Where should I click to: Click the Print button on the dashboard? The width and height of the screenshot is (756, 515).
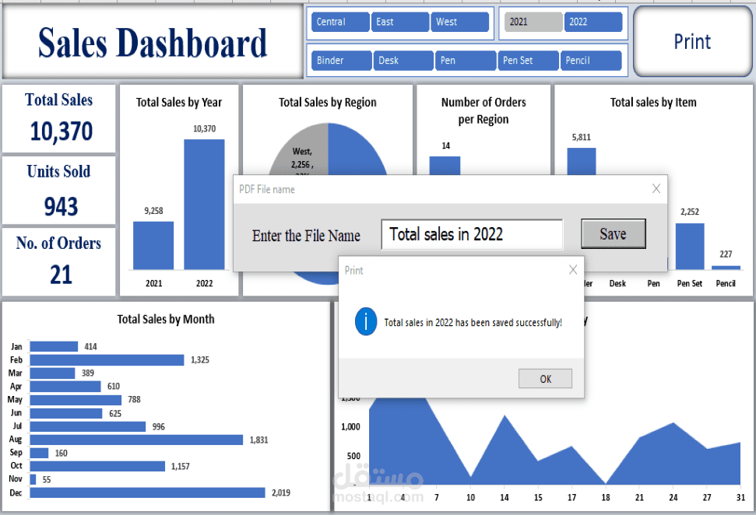pos(691,42)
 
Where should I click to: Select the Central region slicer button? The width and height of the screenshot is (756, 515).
pos(339,22)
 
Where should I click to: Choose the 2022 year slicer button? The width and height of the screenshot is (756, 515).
pos(592,22)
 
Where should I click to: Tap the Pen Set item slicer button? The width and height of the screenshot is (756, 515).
pos(528,61)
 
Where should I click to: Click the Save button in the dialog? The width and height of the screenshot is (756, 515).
pos(613,234)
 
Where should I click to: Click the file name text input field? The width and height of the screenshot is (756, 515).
pos(471,234)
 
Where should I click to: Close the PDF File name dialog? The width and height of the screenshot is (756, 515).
pos(656,188)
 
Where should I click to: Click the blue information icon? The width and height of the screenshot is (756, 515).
pos(366,321)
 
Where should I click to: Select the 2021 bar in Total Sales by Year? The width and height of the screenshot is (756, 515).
pos(153,246)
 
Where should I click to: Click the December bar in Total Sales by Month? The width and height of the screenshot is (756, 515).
pos(148,492)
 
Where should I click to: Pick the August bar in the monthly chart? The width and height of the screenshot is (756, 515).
pos(136,440)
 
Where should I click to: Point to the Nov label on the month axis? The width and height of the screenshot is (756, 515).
pos(16,479)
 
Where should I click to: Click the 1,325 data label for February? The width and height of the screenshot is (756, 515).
pos(198,360)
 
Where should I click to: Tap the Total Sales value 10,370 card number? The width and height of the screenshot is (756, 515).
pos(61,131)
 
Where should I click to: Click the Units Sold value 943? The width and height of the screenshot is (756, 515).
pos(61,206)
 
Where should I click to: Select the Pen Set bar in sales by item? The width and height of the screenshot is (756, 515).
pos(689,247)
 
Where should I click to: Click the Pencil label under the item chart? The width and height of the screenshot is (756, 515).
pos(726,284)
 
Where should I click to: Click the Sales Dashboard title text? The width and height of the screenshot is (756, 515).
pos(153,43)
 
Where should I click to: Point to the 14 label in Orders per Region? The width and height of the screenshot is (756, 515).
pos(445,145)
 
